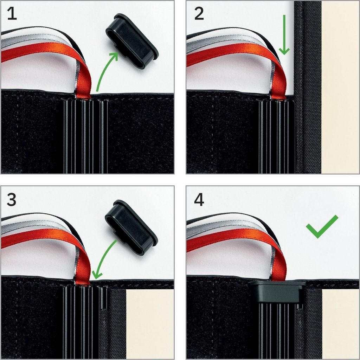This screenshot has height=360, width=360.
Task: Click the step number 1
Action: point(12,14)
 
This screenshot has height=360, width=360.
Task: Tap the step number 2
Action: point(199,14)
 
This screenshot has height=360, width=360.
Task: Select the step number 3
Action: point(12,199)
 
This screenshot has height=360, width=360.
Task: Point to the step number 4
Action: point(199,199)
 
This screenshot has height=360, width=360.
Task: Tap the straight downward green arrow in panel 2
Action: point(284,35)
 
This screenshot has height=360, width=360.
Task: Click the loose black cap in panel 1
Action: point(132,41)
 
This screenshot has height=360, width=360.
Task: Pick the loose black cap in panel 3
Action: point(131,228)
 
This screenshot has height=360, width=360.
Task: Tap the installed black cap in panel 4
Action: point(277,291)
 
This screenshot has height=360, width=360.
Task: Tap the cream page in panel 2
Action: point(340,87)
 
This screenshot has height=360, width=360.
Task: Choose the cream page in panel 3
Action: point(150,324)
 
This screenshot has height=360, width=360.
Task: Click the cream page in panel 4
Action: point(340,324)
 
